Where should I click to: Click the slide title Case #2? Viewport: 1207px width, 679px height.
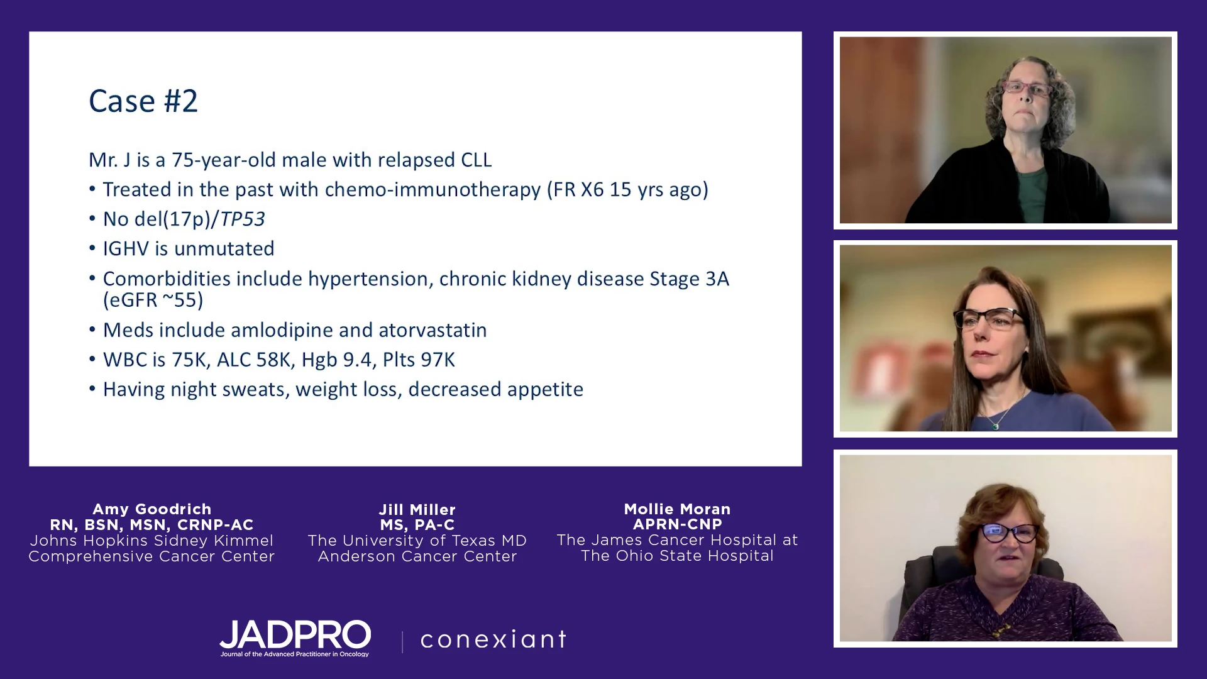click(x=143, y=101)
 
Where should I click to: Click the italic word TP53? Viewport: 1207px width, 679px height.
click(x=242, y=219)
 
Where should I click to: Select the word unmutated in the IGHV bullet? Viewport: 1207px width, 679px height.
click(x=224, y=248)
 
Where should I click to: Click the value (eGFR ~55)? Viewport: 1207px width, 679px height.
click(x=153, y=300)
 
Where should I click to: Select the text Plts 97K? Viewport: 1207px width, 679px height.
click(x=419, y=360)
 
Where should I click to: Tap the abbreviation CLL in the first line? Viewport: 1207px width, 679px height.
click(x=476, y=160)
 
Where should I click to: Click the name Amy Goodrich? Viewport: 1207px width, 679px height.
click(x=152, y=509)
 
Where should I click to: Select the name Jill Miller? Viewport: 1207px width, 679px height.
click(x=417, y=509)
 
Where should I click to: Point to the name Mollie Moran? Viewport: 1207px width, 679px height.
click(x=677, y=509)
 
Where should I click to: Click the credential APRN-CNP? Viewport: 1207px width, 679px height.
click(x=678, y=524)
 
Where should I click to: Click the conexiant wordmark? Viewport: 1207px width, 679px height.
click(x=493, y=639)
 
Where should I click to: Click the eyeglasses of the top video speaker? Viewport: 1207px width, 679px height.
click(x=1027, y=89)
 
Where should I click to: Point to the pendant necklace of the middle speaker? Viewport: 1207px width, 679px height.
click(x=996, y=426)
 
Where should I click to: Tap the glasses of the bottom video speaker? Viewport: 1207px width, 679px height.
click(x=1010, y=533)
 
